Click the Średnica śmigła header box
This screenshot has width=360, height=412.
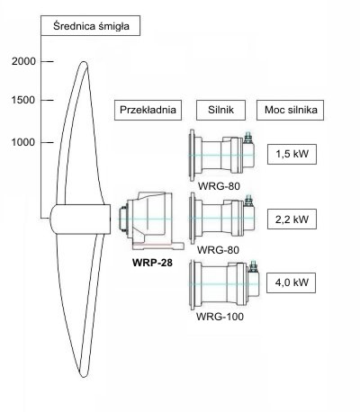(x=90, y=25)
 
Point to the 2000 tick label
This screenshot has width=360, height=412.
(x=23, y=61)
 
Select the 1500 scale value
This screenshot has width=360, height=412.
(x=23, y=100)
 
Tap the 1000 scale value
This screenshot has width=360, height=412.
(x=23, y=142)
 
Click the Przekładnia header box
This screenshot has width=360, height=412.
(x=148, y=110)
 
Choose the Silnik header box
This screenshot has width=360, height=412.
(x=220, y=110)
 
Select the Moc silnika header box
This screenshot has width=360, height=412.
(x=290, y=110)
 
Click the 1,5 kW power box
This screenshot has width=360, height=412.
(x=292, y=154)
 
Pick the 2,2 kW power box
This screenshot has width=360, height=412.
(x=292, y=219)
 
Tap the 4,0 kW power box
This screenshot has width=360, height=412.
(x=291, y=282)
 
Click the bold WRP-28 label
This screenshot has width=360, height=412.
(x=152, y=263)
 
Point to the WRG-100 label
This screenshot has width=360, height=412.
(x=220, y=317)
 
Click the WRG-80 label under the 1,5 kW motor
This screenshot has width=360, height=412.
(x=219, y=186)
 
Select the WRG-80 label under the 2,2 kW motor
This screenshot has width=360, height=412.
(x=218, y=250)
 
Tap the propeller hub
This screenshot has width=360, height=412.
(x=80, y=219)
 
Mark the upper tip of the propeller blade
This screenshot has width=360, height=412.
(x=84, y=62)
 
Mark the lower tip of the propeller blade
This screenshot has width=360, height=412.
(x=84, y=377)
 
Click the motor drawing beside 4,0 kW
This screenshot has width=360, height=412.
(x=224, y=284)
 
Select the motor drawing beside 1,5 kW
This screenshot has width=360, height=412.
(x=222, y=156)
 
